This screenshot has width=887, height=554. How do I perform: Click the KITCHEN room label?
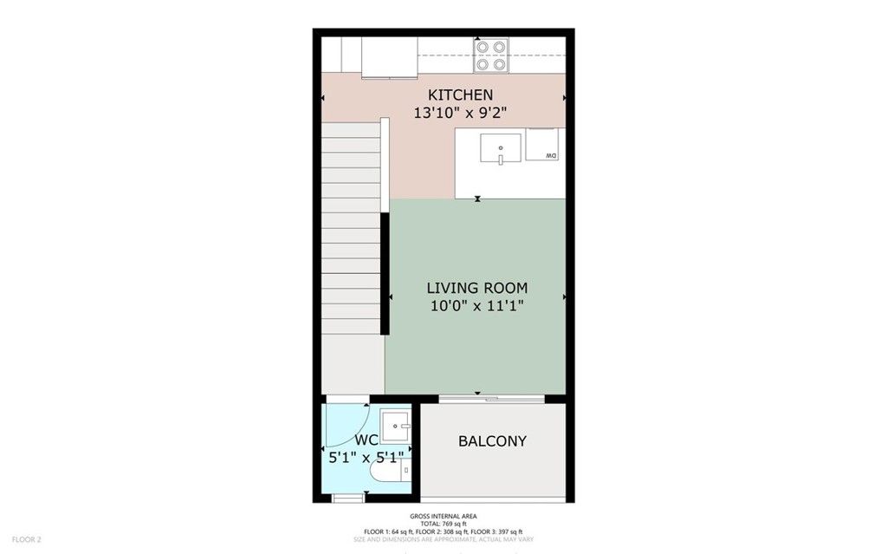(x=460, y=95)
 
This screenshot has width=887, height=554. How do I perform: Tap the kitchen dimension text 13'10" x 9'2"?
(x=460, y=112)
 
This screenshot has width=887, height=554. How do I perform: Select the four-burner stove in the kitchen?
(x=490, y=55)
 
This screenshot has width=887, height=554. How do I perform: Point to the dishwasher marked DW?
(x=547, y=145)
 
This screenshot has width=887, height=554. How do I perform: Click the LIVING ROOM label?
(x=477, y=288)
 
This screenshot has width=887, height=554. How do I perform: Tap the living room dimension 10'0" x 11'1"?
(x=477, y=306)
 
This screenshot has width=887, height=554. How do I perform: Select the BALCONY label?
(x=492, y=441)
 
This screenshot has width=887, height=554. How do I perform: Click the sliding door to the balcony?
(x=491, y=399)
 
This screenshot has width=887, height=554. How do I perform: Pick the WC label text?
(x=366, y=440)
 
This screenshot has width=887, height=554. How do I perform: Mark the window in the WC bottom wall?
(x=349, y=498)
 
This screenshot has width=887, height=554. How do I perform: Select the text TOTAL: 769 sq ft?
(x=443, y=524)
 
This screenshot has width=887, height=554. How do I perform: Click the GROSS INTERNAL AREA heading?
(x=443, y=516)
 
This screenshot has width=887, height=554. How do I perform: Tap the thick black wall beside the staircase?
(x=385, y=273)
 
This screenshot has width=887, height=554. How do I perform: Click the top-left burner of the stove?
(x=482, y=48)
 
